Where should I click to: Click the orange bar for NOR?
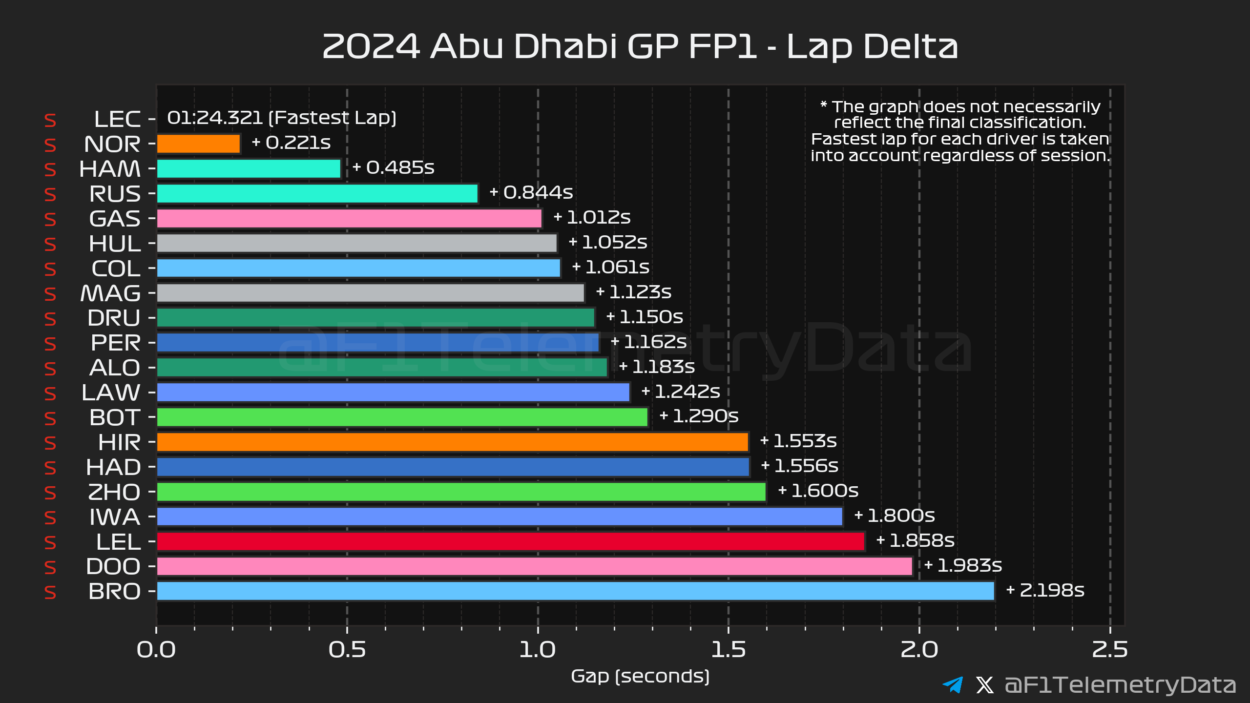coord(198,144)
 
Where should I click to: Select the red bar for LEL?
coord(510,541)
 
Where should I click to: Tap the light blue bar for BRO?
coord(575,591)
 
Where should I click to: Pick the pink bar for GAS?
coord(349,218)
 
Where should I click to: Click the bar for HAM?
coord(249,169)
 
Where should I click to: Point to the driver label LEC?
coord(117,119)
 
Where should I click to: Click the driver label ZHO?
coord(114,492)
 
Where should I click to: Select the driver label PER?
coord(116,343)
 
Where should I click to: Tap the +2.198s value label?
coord(1045,590)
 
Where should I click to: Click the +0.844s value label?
coord(531,192)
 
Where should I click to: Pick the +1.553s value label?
coord(798,441)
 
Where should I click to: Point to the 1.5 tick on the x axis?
coord(728,650)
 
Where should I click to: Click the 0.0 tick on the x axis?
coord(156,650)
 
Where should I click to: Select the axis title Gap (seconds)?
coord(640,676)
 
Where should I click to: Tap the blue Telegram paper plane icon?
coord(953,684)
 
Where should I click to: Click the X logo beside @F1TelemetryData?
coord(984,684)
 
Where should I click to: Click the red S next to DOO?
coord(50,567)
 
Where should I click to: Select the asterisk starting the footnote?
coord(824,104)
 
